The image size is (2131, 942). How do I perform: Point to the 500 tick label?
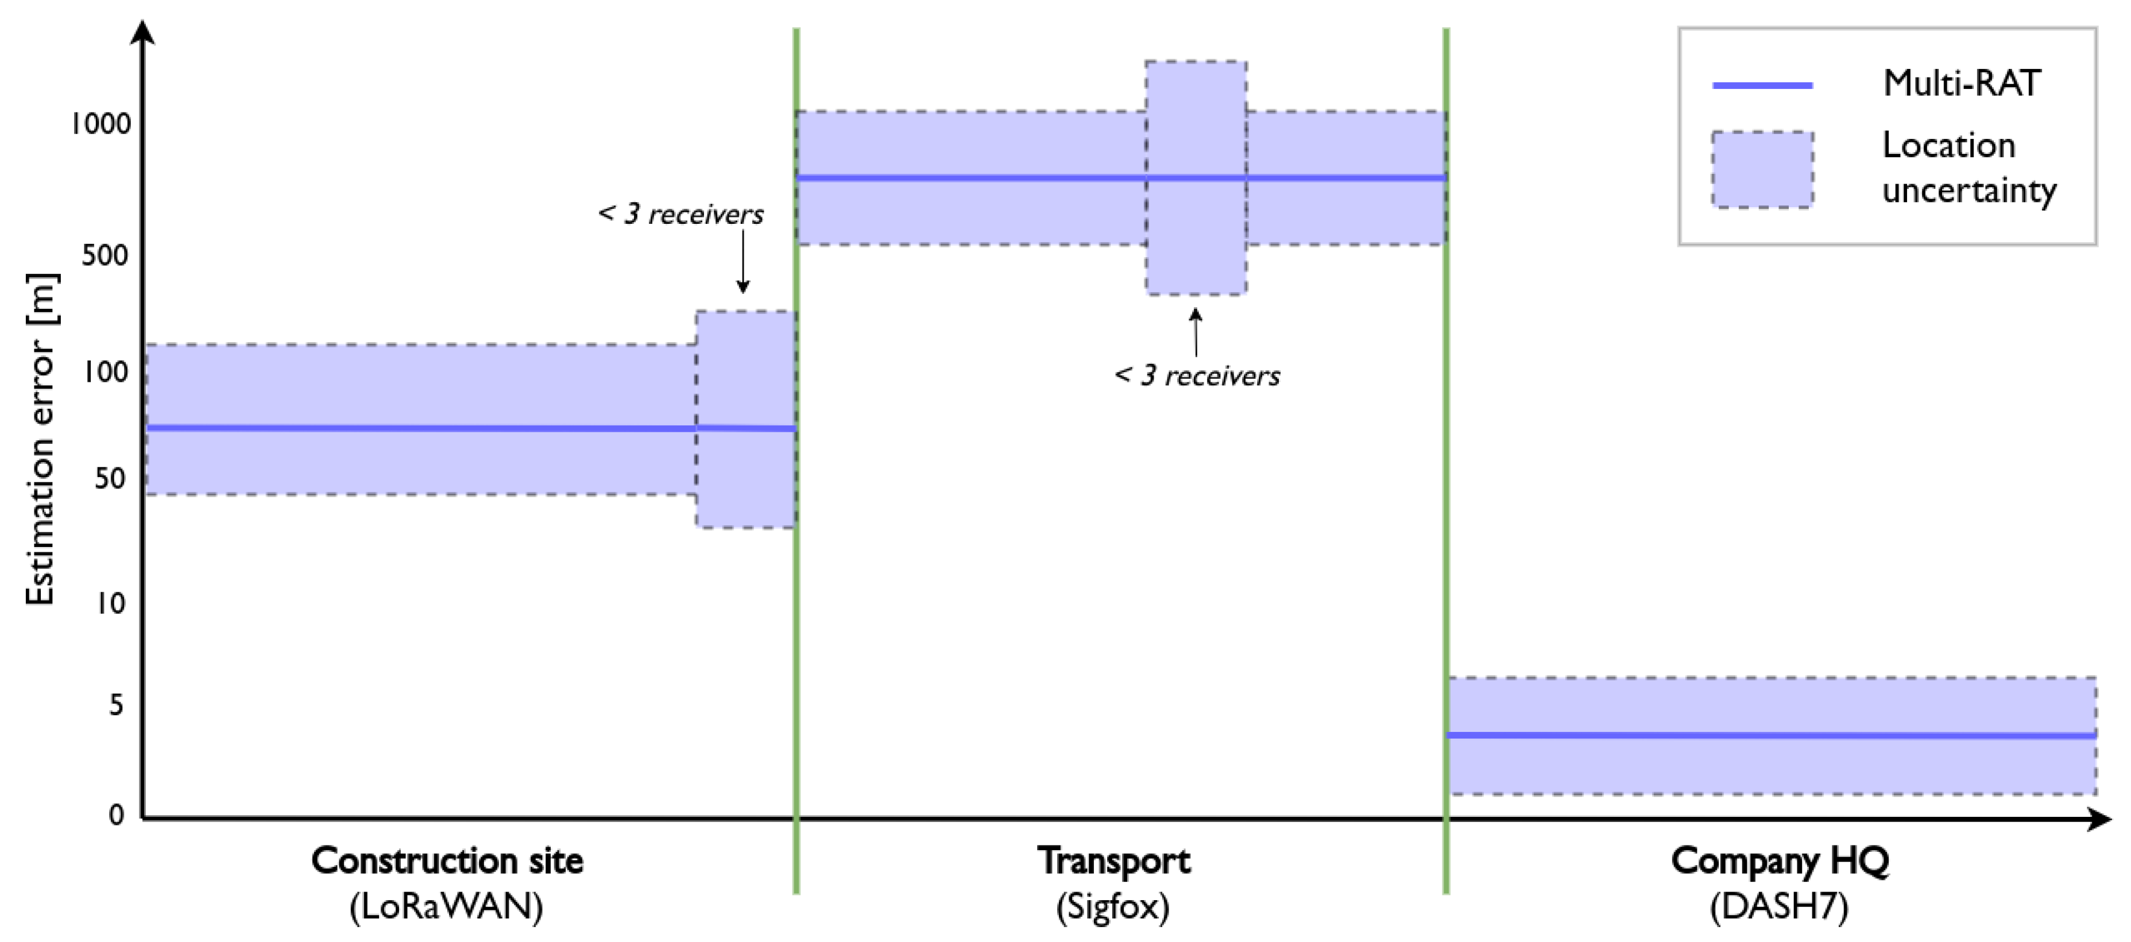pyautogui.click(x=106, y=255)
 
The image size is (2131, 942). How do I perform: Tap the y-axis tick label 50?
pyautogui.click(x=111, y=478)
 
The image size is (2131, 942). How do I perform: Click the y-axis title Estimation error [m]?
pyautogui.click(x=40, y=439)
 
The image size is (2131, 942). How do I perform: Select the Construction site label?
pyautogui.click(x=447, y=861)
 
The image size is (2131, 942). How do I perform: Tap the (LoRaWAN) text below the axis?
pyautogui.click(x=447, y=907)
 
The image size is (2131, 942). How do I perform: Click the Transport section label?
pyautogui.click(x=1113, y=861)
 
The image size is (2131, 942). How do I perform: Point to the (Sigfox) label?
pyautogui.click(x=1113, y=907)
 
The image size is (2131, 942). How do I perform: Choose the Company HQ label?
pyautogui.click(x=1780, y=861)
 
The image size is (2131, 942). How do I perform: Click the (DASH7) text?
pyautogui.click(x=1780, y=907)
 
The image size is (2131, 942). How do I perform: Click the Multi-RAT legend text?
pyautogui.click(x=1962, y=84)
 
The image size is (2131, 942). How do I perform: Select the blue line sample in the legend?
pyautogui.click(x=1762, y=85)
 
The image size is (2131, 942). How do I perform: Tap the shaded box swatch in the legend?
pyautogui.click(x=1762, y=169)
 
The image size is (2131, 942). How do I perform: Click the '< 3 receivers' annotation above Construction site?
pyautogui.click(x=681, y=214)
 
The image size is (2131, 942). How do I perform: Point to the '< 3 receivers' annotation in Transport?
pyautogui.click(x=1197, y=375)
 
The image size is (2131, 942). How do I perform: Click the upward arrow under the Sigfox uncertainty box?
pyautogui.click(x=1196, y=332)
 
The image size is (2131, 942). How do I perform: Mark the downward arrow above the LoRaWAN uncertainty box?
pyautogui.click(x=743, y=261)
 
